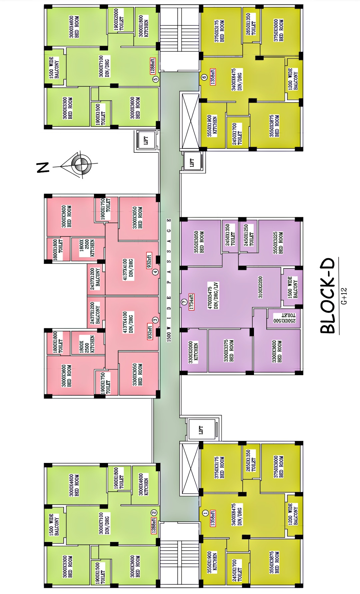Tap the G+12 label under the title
pos(344,296)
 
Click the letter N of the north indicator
pos(43,167)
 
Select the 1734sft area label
pos(191,302)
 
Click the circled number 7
pos(184,302)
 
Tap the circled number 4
pos(155,272)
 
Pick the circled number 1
pos(205,513)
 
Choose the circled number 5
pos(155,79)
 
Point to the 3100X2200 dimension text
pos(260,287)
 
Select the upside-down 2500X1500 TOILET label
pos(284,318)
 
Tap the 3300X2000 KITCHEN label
pos(193,352)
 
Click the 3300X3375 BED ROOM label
pos(229,351)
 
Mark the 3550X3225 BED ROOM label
pos(278,243)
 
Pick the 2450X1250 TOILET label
pos(249,235)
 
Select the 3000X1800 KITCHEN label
pos(143,26)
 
